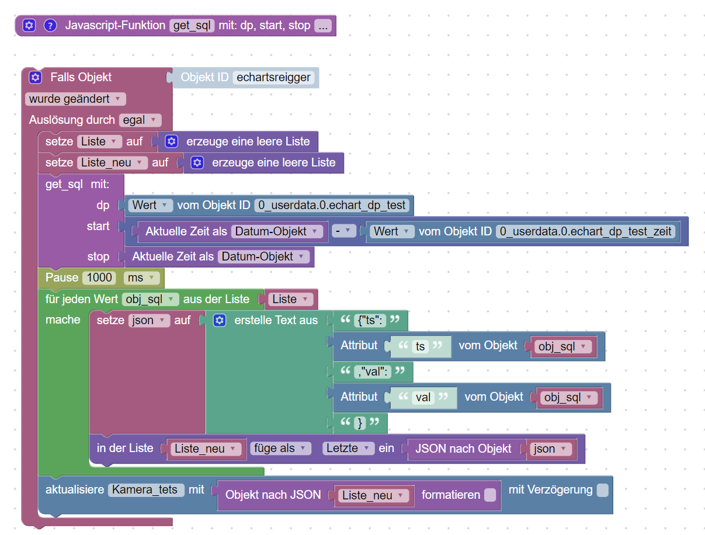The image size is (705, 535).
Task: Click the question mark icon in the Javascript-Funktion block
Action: coord(50,25)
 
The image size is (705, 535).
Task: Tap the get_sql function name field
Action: coord(192,25)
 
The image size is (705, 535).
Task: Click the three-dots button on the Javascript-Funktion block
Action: coord(323,25)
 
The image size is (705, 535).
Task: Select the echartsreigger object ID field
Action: coord(273,78)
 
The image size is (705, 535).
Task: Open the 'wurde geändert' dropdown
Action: coord(75,99)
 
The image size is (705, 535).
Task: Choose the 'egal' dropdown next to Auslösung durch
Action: coord(140,120)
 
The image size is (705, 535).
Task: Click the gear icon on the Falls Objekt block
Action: coord(35,78)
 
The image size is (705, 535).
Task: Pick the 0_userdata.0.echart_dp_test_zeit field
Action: coord(585,231)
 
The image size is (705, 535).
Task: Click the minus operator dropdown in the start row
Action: coord(343,231)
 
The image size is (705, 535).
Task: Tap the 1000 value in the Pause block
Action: coord(99,278)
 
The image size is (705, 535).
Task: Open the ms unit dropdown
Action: coord(141,278)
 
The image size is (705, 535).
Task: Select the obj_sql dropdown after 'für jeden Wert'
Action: coord(150,299)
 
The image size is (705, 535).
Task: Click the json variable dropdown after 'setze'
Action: coord(149,321)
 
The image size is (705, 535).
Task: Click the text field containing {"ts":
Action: coord(370,321)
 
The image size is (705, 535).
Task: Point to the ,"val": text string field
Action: coord(373,372)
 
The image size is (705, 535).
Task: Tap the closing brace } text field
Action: coord(360,423)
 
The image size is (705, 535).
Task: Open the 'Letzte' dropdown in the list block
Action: coord(348,449)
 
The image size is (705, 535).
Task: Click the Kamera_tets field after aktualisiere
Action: coord(146,490)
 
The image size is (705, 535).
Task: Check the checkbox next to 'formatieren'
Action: coord(490,495)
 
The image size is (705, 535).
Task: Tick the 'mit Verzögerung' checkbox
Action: coord(602,491)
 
